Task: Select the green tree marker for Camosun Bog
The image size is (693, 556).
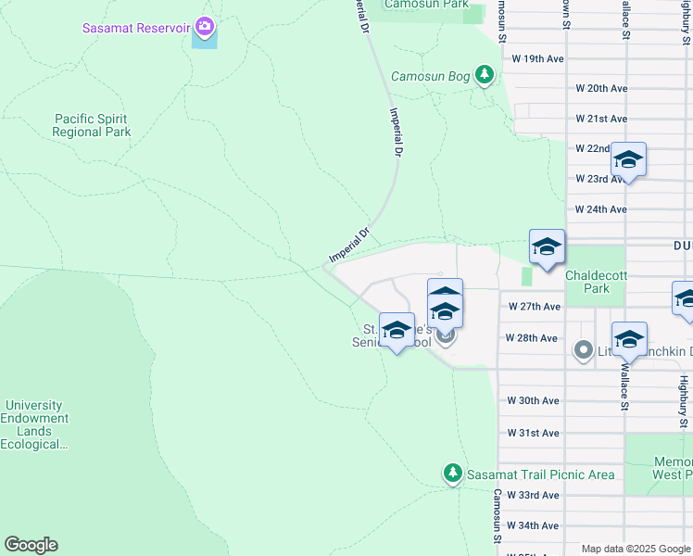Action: [x=484, y=75]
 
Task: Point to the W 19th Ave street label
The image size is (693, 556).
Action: [x=538, y=57]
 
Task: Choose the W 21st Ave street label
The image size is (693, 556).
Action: [x=601, y=119]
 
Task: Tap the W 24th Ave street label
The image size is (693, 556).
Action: [x=601, y=209]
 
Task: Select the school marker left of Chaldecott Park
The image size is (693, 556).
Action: [x=547, y=247]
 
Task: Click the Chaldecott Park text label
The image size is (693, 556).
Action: [x=599, y=282]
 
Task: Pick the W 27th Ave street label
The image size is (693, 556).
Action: [x=535, y=306]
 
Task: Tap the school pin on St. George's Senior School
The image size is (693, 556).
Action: [x=397, y=331]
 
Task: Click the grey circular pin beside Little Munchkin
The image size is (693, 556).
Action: [x=583, y=350]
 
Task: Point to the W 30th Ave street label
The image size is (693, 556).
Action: [x=533, y=400]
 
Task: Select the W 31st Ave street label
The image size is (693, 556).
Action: [x=533, y=433]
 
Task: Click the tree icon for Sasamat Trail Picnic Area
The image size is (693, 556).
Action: [x=452, y=474]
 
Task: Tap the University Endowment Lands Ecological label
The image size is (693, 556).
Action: [x=34, y=424]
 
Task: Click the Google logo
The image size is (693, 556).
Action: [x=31, y=545]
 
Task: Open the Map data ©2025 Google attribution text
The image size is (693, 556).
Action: [x=635, y=550]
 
